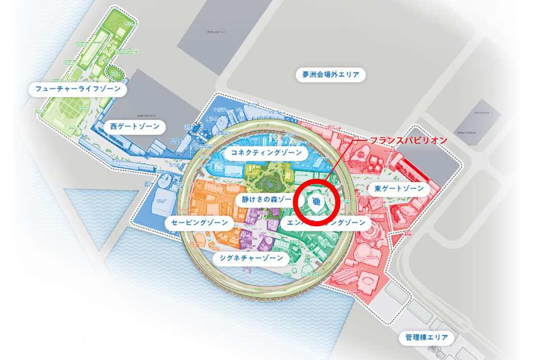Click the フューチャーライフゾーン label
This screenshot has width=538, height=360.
click(78, 89)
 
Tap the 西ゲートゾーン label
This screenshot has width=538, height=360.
click(135, 126)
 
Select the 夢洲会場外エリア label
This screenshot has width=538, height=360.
click(331, 75)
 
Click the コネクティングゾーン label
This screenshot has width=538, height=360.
click(266, 153)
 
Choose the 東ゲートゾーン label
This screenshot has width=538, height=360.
click(399, 188)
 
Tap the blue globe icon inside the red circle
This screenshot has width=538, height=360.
click(316, 201)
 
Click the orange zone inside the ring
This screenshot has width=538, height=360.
click(210, 200)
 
